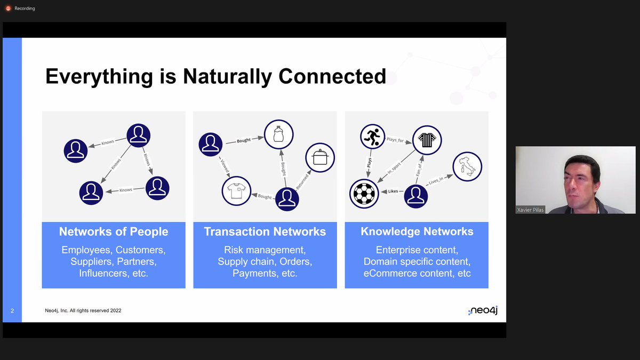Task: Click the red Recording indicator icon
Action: click(8, 9)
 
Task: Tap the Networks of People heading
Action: click(114, 231)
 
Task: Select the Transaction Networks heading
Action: click(265, 231)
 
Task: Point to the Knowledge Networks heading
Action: click(417, 231)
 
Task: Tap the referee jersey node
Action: click(427, 140)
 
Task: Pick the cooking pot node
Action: click(319, 158)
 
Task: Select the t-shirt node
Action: click(236, 191)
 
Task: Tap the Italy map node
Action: click(467, 166)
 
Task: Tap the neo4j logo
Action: click(483, 310)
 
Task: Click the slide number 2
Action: click(12, 310)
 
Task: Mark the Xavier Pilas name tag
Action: click(530, 210)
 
